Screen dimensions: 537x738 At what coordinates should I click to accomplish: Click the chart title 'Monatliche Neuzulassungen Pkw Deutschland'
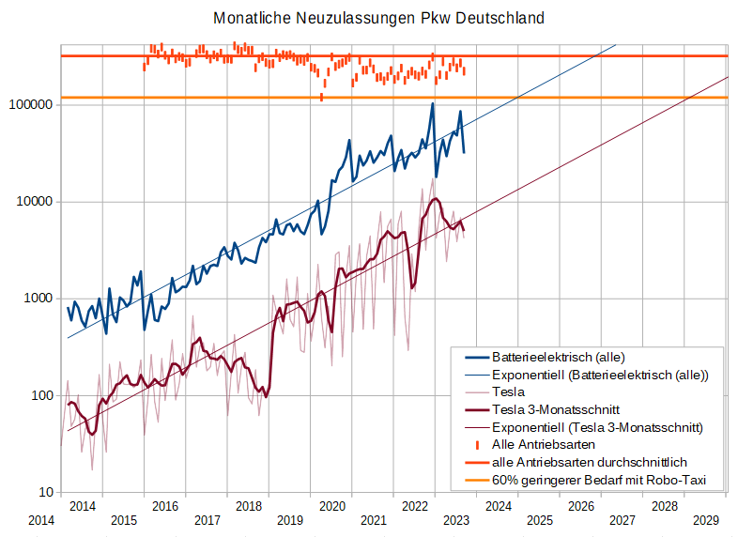[378, 18]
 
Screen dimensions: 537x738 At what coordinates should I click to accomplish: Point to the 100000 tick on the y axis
[31, 105]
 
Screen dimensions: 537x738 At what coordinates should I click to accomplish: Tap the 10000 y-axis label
[35, 202]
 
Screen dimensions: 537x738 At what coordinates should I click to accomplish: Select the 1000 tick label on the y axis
[38, 299]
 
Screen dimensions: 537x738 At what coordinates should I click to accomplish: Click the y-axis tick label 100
[41, 395]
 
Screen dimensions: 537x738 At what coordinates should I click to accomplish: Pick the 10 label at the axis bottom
[44, 492]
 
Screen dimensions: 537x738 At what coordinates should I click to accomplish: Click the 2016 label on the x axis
[165, 507]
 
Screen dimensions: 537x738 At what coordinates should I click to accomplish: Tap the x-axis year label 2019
[290, 519]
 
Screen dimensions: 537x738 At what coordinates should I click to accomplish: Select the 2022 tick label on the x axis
[414, 507]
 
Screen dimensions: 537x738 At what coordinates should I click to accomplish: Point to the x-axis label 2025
[539, 519]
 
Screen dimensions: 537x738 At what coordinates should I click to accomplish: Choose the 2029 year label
[705, 519]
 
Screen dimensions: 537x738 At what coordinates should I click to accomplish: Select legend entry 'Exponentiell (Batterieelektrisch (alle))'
[600, 375]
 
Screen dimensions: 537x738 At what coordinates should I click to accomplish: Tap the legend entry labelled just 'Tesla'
[508, 391]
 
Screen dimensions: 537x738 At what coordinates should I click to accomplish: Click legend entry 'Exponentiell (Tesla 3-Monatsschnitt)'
[597, 427]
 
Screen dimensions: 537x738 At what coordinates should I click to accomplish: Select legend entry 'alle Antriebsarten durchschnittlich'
[590, 462]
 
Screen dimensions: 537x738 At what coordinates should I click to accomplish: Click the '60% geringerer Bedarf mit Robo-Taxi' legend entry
[597, 480]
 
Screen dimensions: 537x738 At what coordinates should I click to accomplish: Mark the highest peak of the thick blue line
[433, 103]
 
